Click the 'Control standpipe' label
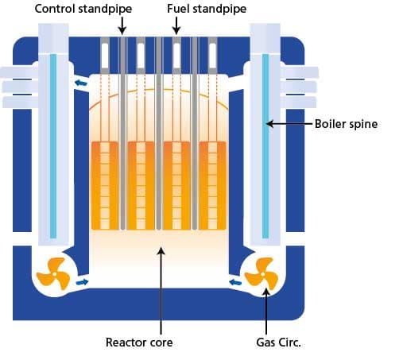click(83, 10)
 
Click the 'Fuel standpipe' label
click(207, 10)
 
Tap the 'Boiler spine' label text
click(346, 124)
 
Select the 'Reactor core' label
click(139, 343)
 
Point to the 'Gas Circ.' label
click(278, 343)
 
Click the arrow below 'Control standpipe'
click(122, 25)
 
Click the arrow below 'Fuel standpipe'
click(176, 25)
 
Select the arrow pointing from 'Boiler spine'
click(289, 124)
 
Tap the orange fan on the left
click(53, 273)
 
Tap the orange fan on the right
click(262, 273)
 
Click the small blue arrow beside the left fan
click(82, 282)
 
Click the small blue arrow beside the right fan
click(235, 282)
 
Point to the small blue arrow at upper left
click(81, 83)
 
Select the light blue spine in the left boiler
click(53, 146)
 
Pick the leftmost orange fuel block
click(105, 185)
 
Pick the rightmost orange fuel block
click(212, 185)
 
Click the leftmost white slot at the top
click(105, 55)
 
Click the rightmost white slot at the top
click(212, 55)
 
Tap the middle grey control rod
click(159, 134)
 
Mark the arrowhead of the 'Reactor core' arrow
click(161, 250)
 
